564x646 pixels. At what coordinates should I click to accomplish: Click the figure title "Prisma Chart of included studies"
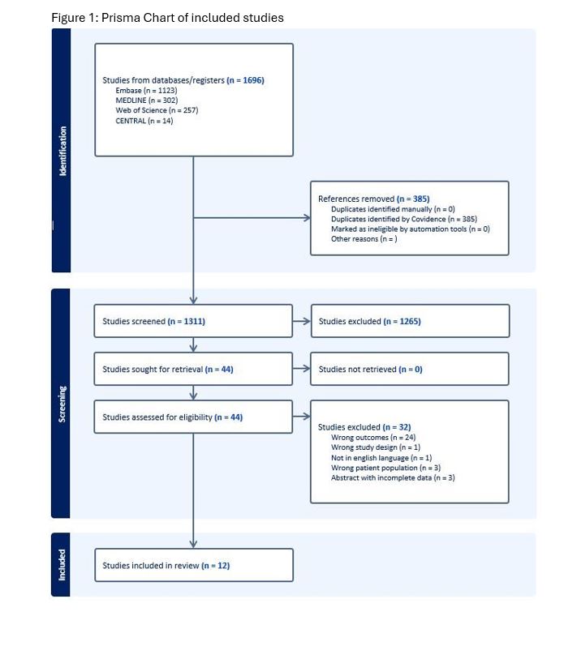coord(192,18)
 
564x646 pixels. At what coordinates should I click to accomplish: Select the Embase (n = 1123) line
coord(146,90)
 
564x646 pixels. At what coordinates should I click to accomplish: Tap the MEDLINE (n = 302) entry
coord(146,101)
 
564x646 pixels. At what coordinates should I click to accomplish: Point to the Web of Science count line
coord(157,110)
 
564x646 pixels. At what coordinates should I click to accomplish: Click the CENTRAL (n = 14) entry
coord(144,121)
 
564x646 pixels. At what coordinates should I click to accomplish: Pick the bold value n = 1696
coord(246,80)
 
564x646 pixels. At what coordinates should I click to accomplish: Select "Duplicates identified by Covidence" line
coord(404,219)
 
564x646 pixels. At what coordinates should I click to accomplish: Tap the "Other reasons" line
coord(364,239)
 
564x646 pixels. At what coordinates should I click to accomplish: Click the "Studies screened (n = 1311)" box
coord(193,321)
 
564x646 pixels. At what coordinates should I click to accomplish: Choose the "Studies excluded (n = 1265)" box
coord(410,321)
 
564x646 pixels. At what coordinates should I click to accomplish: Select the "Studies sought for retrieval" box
coord(193,369)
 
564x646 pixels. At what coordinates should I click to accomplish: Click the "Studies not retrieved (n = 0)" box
coord(410,369)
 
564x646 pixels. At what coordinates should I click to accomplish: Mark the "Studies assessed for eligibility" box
coord(193,417)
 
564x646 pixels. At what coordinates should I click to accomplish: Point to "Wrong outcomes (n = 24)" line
coord(373,437)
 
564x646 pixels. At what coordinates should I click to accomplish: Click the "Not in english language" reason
coord(381,458)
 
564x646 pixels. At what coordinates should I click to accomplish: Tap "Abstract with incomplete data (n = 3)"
coord(393,478)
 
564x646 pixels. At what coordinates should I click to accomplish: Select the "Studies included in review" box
coord(194,565)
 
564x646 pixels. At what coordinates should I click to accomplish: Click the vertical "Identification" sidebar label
coord(62,151)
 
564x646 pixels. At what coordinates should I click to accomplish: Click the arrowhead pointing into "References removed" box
coord(308,217)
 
